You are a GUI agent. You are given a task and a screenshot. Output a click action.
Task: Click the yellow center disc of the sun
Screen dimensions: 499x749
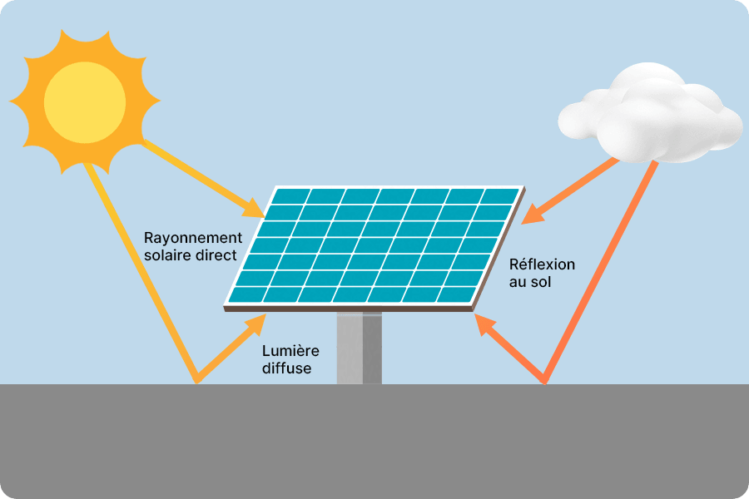tap(85, 103)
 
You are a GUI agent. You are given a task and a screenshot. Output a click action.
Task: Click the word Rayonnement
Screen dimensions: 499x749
tap(192, 238)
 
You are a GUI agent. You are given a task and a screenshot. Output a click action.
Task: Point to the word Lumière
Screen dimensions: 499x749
tap(290, 351)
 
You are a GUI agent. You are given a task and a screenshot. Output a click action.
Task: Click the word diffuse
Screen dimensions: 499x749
tap(286, 368)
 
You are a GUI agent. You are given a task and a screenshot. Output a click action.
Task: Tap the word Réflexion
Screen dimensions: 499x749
tap(542, 264)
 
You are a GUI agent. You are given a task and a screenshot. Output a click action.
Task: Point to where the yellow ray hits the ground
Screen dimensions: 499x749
tap(197, 383)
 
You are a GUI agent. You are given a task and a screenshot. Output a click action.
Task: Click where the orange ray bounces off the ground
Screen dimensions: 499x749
tap(545, 383)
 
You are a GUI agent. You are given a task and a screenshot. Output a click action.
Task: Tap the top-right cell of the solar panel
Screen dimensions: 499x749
tap(501, 196)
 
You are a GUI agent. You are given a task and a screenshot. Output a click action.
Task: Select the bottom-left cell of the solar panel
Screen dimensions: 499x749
tap(245, 294)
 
